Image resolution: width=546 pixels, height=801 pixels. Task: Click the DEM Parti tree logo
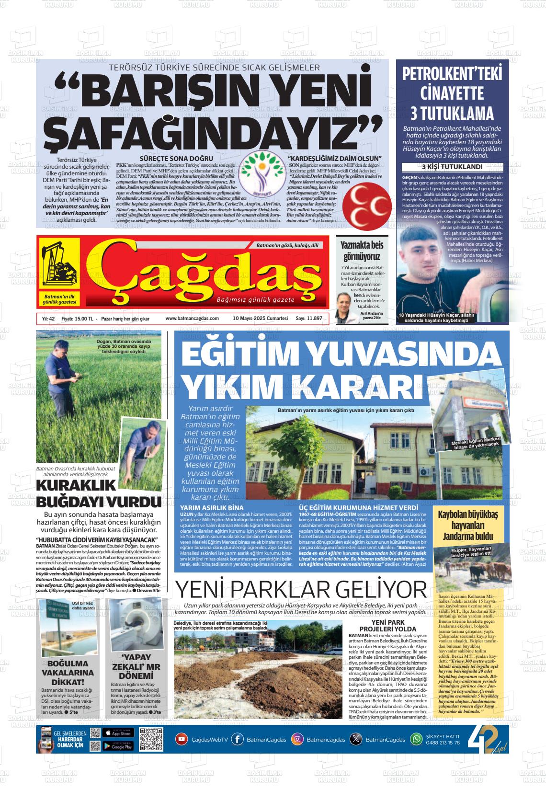coord(262,179)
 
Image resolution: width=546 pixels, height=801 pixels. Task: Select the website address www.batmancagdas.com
coord(192,318)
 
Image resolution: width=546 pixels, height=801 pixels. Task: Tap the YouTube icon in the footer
coord(182,739)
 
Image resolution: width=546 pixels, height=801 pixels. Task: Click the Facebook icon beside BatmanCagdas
coord(237,739)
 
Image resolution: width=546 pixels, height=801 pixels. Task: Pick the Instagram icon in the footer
coord(297,739)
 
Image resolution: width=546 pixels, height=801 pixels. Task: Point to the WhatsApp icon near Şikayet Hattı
coord(417,739)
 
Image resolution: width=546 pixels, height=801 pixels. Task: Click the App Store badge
coord(117,733)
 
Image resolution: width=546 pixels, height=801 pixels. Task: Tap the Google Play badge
coord(117,745)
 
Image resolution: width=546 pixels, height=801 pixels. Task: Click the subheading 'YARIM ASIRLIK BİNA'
coord(211,507)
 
